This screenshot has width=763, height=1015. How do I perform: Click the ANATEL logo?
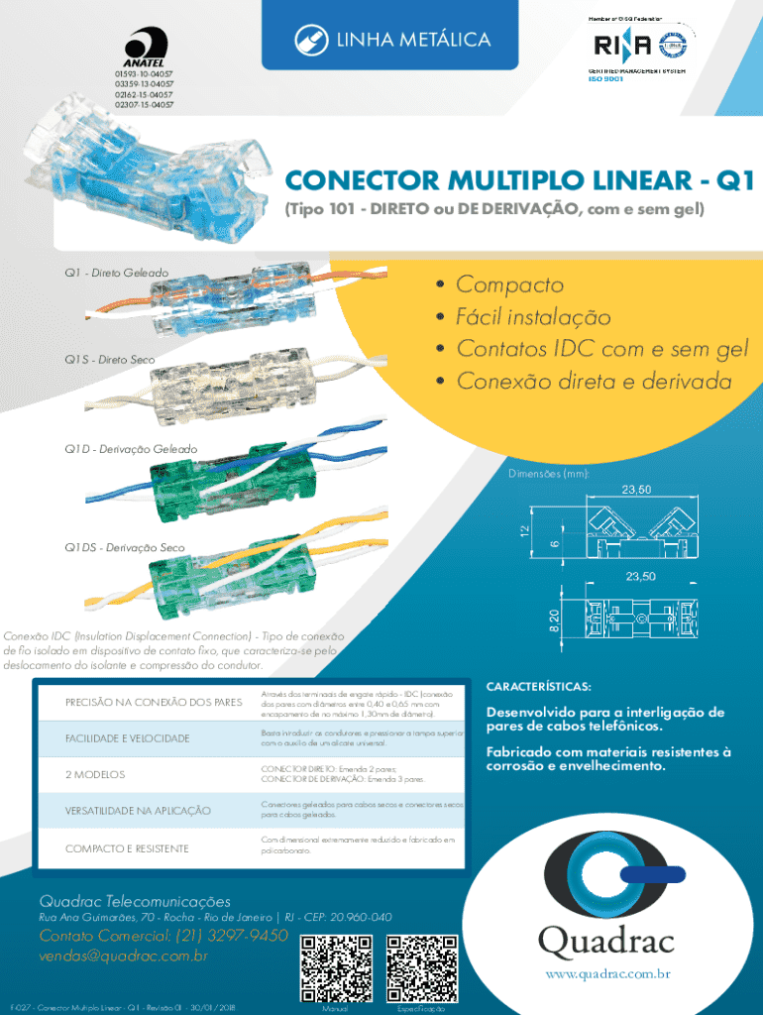click(x=144, y=47)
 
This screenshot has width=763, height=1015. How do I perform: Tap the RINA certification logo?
click(x=623, y=46)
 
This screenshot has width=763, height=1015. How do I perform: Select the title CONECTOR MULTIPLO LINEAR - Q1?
click(x=519, y=182)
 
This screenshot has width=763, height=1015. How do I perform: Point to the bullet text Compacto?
click(x=509, y=285)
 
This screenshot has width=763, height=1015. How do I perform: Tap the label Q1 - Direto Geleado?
click(x=117, y=272)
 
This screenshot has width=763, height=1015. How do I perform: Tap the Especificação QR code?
click(x=422, y=966)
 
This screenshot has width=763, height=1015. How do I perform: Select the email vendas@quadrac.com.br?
click(x=123, y=957)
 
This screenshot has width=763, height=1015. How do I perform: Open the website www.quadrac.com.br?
click(x=606, y=973)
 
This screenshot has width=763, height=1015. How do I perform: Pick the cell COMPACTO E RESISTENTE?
click(x=127, y=848)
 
